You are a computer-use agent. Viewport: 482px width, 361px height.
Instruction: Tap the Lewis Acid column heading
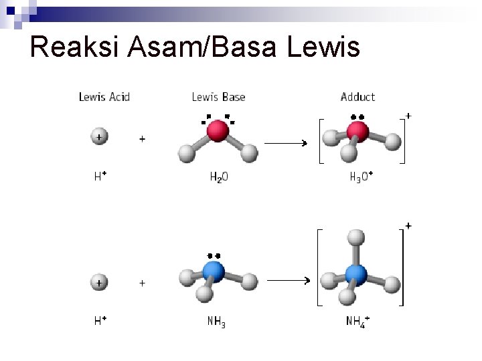104,97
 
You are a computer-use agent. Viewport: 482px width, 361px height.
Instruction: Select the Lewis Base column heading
218,97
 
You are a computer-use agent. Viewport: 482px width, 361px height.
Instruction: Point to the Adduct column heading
357,97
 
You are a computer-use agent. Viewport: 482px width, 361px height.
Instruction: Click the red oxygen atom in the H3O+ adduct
357,131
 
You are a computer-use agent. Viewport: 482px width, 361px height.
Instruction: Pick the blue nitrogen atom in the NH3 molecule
214,271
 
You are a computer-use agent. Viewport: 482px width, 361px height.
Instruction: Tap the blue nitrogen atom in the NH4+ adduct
356,274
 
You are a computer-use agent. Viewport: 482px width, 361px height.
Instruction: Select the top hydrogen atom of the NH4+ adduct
356,237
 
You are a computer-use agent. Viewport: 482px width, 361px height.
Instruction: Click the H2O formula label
219,177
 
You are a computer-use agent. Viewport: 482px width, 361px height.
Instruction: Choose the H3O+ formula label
361,177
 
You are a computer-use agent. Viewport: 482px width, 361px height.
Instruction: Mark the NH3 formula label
216,322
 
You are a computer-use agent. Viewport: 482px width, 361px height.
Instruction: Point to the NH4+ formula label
358,322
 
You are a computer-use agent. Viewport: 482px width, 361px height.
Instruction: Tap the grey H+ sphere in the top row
99,136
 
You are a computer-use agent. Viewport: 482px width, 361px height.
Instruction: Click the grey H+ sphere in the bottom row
99,282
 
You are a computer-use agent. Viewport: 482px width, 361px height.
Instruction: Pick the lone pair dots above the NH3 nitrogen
214,255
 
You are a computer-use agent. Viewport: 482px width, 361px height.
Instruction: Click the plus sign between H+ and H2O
142,139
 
